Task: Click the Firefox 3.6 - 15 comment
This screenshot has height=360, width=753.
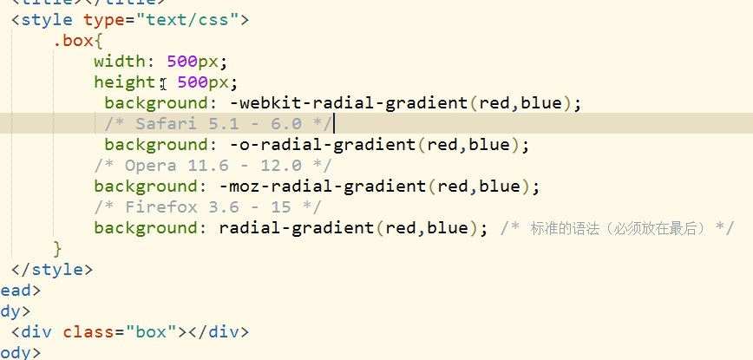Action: coord(208,206)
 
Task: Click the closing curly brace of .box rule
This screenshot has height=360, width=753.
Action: coord(58,249)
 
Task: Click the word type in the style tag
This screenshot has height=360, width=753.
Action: coord(103,19)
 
